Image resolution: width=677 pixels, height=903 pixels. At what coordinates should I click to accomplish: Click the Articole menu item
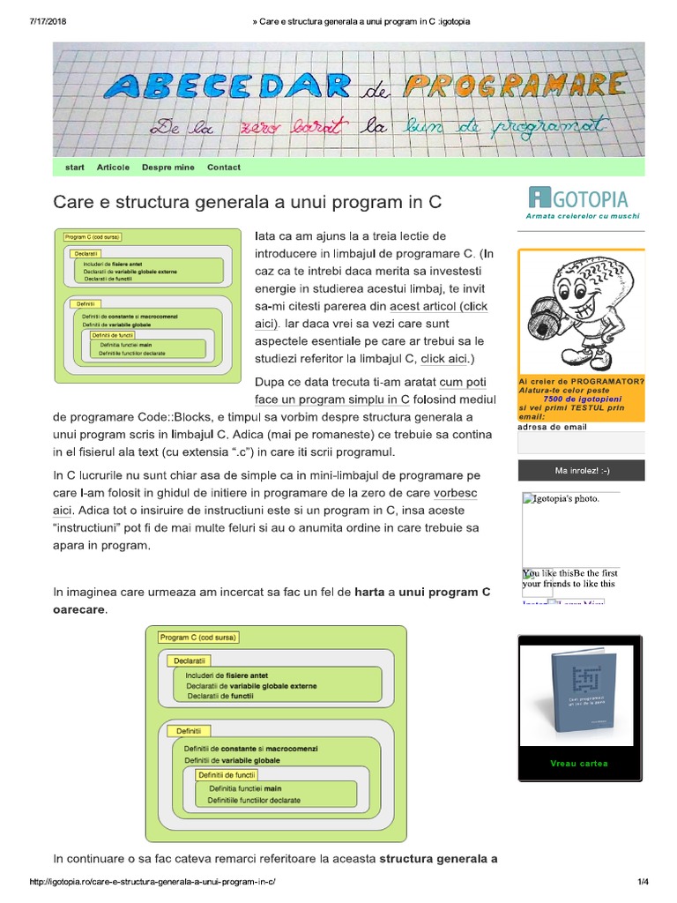[113, 168]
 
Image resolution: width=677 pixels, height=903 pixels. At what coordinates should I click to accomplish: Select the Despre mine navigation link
[167, 168]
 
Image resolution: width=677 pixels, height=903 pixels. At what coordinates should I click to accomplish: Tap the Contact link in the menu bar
[223, 168]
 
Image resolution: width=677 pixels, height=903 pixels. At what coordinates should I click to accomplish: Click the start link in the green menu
[75, 168]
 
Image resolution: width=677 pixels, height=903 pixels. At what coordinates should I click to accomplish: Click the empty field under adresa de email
[581, 443]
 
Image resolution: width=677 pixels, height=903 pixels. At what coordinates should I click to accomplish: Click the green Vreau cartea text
[578, 764]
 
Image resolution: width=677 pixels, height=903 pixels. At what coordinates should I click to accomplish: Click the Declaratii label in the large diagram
[190, 660]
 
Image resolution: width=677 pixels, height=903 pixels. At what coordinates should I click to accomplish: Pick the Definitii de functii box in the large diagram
[227, 774]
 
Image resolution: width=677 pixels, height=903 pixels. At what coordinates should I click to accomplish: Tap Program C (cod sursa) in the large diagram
[198, 637]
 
